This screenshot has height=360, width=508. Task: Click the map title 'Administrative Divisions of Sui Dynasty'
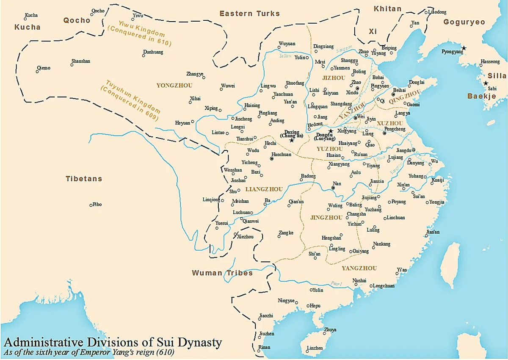113,342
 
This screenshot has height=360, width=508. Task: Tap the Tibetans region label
84,179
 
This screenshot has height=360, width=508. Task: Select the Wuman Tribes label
222,273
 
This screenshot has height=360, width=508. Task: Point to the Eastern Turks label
249,14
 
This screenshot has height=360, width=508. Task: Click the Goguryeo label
464,22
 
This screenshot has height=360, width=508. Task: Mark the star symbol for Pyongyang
464,48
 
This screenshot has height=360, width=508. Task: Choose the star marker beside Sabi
486,83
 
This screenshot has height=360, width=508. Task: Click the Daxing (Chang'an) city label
292,134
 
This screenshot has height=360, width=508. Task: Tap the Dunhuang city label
153,52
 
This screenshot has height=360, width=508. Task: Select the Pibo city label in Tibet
97,205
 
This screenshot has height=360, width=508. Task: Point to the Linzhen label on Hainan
315,348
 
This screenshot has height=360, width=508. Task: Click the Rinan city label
264,347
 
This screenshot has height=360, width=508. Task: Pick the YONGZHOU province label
174,86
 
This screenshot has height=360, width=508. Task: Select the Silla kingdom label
497,75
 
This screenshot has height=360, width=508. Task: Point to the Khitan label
387,9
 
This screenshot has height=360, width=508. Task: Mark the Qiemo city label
44,68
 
